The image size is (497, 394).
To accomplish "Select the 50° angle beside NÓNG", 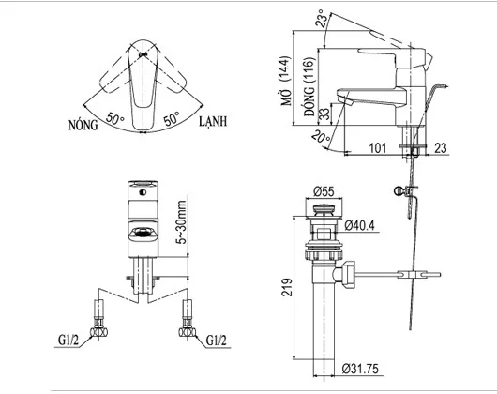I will click(115, 119).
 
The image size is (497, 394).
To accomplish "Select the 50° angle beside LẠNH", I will click(172, 119).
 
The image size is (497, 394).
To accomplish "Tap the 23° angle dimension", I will click(324, 18).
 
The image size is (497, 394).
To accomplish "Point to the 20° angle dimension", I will click(321, 138).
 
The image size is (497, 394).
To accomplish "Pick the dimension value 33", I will click(323, 115).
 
